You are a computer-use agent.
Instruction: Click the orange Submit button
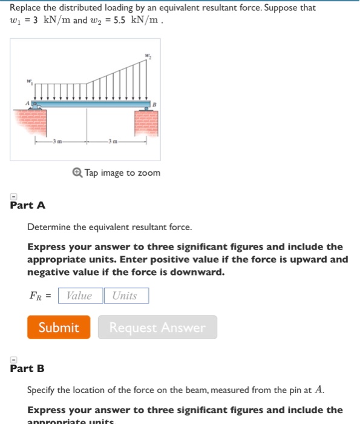59,327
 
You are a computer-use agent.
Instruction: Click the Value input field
80,296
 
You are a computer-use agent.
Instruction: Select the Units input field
126,296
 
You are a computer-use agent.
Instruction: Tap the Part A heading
28,205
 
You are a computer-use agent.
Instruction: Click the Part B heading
27,368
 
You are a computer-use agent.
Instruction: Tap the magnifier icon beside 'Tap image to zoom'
77,173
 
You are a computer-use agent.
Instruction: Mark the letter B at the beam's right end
154,104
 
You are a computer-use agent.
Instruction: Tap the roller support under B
145,109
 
